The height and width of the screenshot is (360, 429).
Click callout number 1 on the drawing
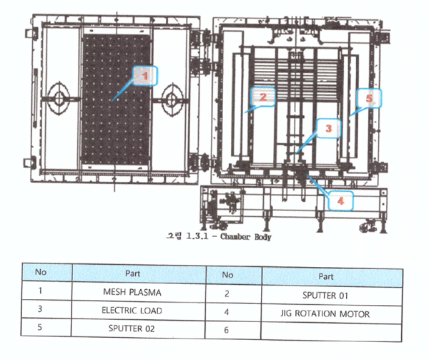[x=145, y=74]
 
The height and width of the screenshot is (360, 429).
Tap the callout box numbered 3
[x=328, y=129]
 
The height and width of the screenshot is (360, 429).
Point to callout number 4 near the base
[x=340, y=201]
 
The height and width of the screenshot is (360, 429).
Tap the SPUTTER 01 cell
[x=330, y=293]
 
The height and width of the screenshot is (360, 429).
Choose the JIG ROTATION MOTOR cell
[x=330, y=312]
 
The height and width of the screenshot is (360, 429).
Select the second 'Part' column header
[x=330, y=275]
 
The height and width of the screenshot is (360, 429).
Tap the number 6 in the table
[x=227, y=331]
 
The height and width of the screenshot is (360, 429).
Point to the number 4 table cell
[x=227, y=312]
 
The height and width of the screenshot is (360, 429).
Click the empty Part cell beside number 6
[x=330, y=331]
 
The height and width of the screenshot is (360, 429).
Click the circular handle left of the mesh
[x=57, y=97]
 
